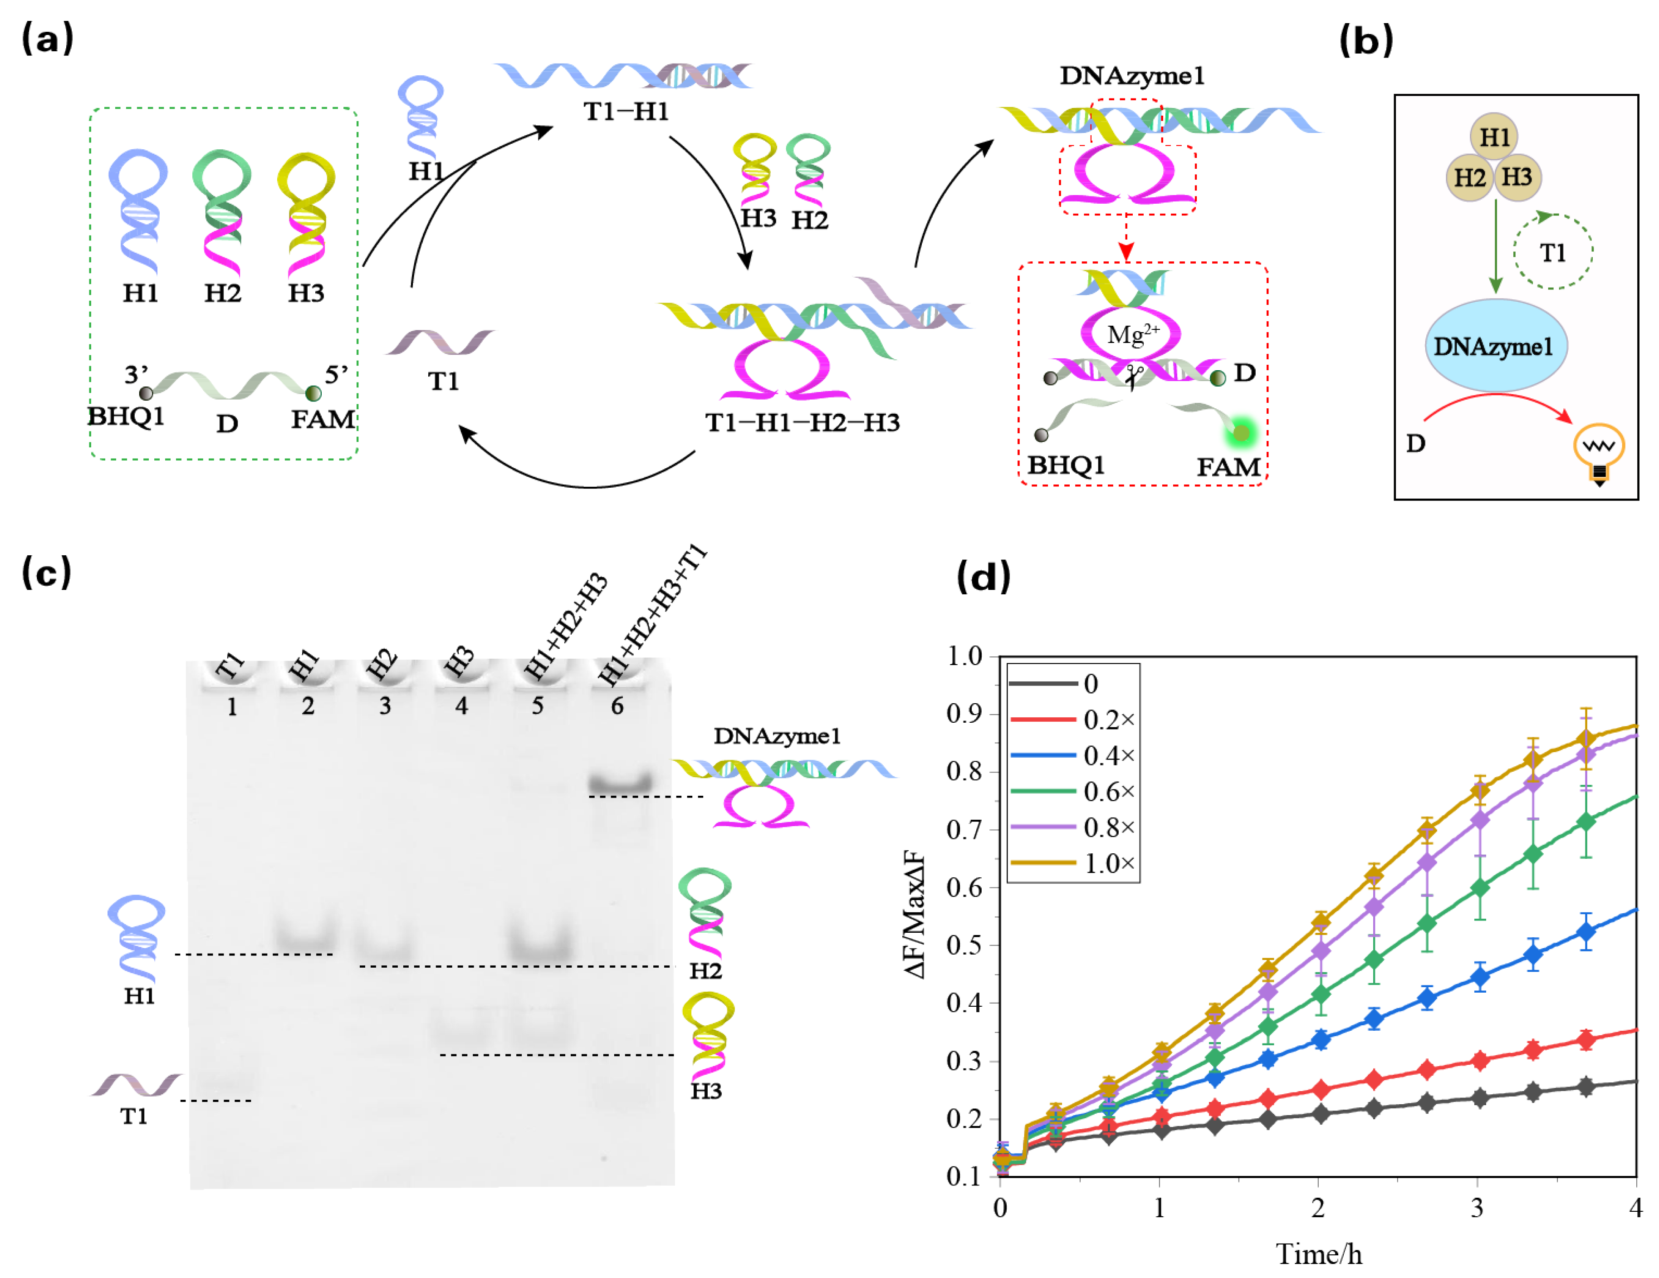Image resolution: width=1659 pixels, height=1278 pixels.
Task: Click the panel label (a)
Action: point(47,38)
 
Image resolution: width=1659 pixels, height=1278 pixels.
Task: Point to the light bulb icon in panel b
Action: point(1599,454)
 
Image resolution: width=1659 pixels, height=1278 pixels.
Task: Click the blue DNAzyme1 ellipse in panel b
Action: point(1495,347)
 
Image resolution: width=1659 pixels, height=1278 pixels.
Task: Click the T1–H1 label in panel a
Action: point(626,112)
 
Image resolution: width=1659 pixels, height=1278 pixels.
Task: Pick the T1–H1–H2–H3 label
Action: point(802,422)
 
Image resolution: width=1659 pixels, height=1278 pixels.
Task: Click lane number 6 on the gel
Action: point(617,707)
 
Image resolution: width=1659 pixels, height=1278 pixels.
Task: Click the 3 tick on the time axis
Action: point(1477,1208)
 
